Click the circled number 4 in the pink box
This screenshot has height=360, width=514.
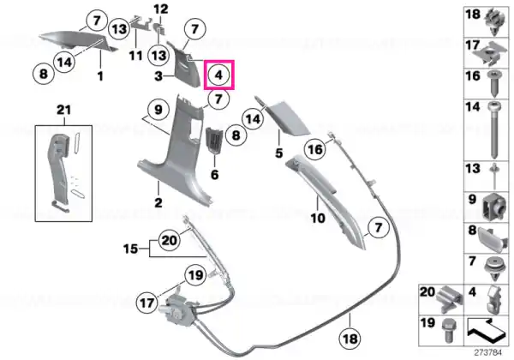pyautogui.click(x=218, y=75)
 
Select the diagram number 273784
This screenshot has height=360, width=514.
pyautogui.click(x=488, y=353)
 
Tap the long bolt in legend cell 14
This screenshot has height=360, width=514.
pyautogui.click(x=493, y=129)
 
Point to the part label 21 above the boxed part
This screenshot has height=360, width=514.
pyautogui.click(x=63, y=110)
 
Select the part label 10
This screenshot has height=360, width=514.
pyautogui.click(x=318, y=218)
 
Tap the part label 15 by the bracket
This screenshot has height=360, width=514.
pyautogui.click(x=130, y=249)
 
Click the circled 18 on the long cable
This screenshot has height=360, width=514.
pyautogui.click(x=350, y=339)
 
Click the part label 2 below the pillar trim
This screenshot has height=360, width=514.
pyautogui.click(x=158, y=202)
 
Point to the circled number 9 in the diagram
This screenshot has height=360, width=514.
pyautogui.click(x=158, y=110)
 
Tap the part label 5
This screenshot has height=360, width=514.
pyautogui.click(x=279, y=153)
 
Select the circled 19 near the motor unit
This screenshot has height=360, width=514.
pyautogui.click(x=195, y=275)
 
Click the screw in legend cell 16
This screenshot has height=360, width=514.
pyautogui.click(x=493, y=83)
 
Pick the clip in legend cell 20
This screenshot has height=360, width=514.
pyautogui.click(x=450, y=297)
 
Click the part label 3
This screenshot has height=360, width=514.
pyautogui.click(x=158, y=76)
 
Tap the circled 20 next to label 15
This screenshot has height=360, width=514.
pyautogui.click(x=170, y=240)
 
